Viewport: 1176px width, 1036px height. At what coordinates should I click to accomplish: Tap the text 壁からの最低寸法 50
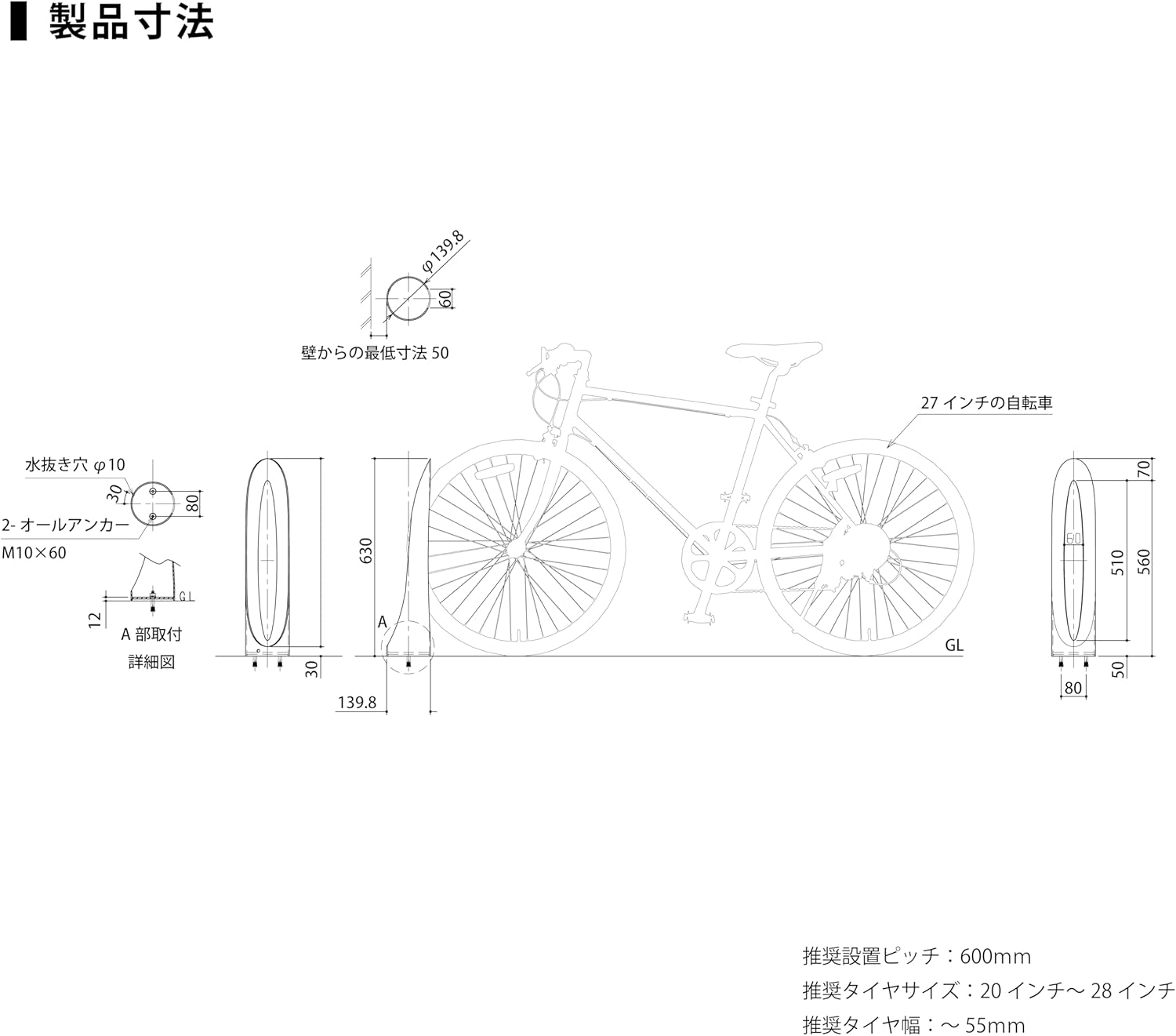click(x=375, y=354)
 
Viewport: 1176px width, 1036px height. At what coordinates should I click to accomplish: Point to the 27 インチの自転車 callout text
click(x=986, y=404)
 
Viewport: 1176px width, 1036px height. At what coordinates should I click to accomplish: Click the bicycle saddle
click(x=775, y=350)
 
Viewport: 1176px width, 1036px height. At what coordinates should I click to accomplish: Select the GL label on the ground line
click(x=953, y=645)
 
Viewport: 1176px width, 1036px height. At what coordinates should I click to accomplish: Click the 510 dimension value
click(x=1118, y=562)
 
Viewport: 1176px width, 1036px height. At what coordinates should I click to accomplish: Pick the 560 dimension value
click(x=1144, y=562)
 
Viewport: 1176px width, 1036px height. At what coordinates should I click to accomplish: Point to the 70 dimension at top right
click(x=1143, y=470)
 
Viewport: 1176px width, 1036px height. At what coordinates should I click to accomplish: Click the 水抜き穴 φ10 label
click(x=74, y=465)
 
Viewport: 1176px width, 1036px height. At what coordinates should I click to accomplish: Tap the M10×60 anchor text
click(x=34, y=553)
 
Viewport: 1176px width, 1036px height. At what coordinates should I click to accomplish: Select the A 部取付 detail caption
click(x=151, y=634)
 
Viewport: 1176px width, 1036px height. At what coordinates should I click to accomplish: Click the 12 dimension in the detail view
click(x=95, y=620)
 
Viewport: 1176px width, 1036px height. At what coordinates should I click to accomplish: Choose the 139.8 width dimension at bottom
click(x=357, y=703)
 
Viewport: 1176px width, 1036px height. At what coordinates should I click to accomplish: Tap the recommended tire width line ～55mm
click(x=913, y=1024)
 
